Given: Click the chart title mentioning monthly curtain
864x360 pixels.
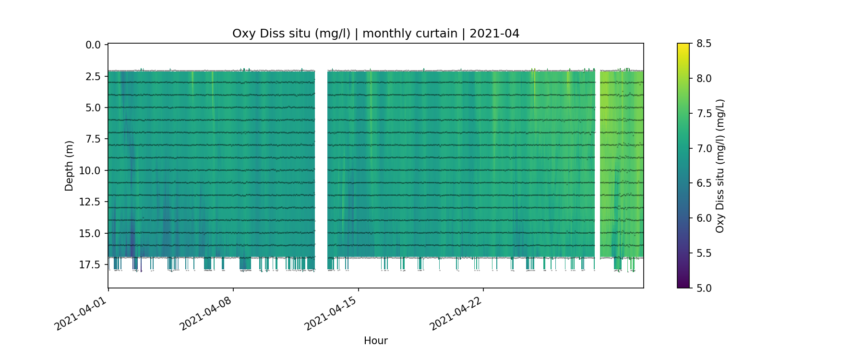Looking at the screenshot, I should pos(375,34).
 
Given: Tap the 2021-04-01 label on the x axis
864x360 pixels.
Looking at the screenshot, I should pos(80,314).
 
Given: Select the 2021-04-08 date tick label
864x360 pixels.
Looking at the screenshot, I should pos(205,314).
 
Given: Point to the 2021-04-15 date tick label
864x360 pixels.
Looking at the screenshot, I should pos(331,314).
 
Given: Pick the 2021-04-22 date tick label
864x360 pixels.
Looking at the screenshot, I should pos(456,314).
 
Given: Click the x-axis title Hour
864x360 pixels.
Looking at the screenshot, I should pos(375,341).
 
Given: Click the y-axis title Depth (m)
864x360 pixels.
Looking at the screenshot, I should pos(69,166).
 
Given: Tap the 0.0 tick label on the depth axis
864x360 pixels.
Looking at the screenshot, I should pos(93,45).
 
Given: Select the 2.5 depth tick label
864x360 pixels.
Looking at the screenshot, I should pos(93,77).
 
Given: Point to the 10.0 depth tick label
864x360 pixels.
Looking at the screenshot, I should pos(90,171).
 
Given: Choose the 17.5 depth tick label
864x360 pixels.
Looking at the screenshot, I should pos(90,265).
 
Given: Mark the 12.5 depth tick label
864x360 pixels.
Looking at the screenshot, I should pos(90,202).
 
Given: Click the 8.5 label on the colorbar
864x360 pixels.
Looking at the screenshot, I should pos(704,44).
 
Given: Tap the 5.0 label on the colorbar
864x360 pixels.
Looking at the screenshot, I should pos(704,288).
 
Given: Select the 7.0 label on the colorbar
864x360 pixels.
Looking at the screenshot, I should pos(704,148).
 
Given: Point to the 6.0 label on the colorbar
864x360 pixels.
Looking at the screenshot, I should pos(704,218).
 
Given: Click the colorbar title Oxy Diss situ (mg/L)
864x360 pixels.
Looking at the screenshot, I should pos(720,166).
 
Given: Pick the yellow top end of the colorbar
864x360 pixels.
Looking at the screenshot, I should pos(683,46).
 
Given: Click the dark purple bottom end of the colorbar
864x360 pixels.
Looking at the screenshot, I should pos(683,285).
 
